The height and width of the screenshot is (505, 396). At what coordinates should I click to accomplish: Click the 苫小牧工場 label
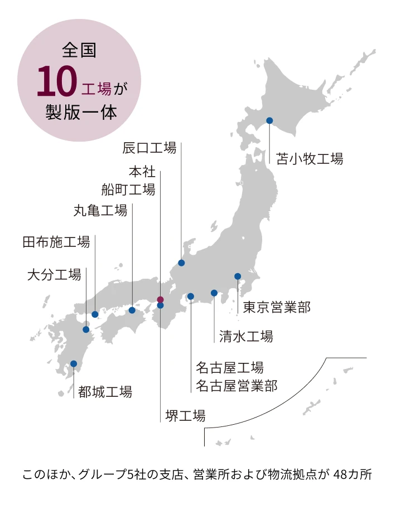pos(310,159)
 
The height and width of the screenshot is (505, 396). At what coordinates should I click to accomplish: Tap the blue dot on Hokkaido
pos(269,120)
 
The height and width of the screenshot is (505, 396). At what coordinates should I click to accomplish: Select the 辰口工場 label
pos(149,148)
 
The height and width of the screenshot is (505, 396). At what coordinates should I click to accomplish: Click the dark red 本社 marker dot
pos(160,299)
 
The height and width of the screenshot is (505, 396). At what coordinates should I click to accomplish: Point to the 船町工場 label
pos(128,190)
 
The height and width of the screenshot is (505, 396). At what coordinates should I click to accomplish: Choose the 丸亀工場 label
pos(100,210)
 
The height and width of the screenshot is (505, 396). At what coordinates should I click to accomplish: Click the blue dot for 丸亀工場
pos(132,310)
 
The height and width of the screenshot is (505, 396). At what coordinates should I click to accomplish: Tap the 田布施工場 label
pos(56,242)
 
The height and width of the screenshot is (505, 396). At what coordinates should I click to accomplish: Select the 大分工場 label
pos(54,274)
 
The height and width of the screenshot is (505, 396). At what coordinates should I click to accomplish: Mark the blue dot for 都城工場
pos(74,364)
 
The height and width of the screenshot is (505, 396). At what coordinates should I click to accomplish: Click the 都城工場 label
pos(105,392)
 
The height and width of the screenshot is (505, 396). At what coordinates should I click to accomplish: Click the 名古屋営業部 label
pos(236,385)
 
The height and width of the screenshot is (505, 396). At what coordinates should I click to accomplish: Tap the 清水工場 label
pos(246,336)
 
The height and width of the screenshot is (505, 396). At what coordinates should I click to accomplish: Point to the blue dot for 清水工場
pos(214,293)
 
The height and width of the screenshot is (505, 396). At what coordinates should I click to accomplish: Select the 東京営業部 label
pos(277,307)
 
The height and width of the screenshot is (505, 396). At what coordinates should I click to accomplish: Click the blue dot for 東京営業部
pos(238,276)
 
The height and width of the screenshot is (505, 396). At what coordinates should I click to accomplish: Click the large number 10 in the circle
pos(56,83)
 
